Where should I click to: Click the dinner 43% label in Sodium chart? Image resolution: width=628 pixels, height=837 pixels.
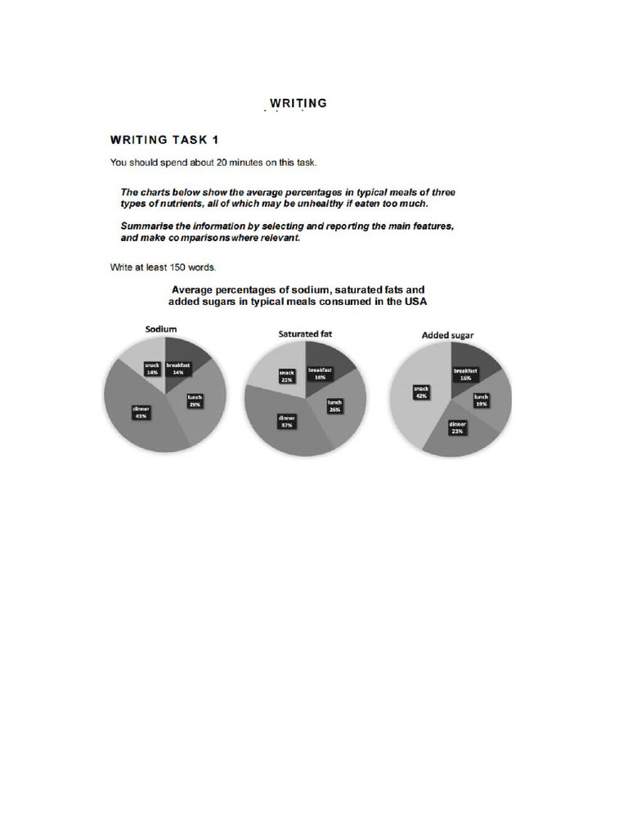click(140, 412)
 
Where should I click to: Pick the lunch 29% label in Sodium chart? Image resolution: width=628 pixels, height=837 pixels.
click(195, 401)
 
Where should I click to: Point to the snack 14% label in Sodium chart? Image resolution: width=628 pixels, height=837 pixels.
click(152, 369)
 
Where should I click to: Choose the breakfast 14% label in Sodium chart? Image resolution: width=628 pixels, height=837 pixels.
click(177, 369)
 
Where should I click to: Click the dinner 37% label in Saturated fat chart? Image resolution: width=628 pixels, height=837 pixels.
click(286, 422)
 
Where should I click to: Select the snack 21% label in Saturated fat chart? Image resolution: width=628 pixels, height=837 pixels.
click(287, 375)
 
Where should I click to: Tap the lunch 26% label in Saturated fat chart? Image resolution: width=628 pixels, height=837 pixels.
click(335, 405)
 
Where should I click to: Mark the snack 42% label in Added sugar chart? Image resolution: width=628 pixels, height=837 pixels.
click(422, 392)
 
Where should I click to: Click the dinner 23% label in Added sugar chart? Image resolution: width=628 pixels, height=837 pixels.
click(457, 427)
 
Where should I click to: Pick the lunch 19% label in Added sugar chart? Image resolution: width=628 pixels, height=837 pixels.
click(482, 400)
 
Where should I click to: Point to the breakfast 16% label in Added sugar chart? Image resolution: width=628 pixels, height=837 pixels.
click(465, 375)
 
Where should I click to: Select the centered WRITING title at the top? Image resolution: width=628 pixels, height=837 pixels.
click(298, 103)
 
